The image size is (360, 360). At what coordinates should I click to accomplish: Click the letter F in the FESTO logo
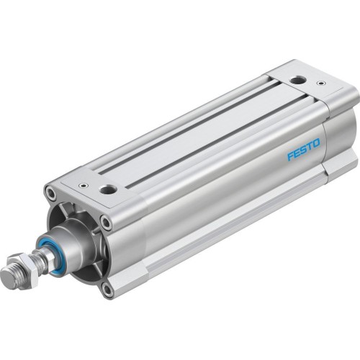point(290,158)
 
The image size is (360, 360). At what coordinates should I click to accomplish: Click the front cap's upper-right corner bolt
point(107,222)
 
